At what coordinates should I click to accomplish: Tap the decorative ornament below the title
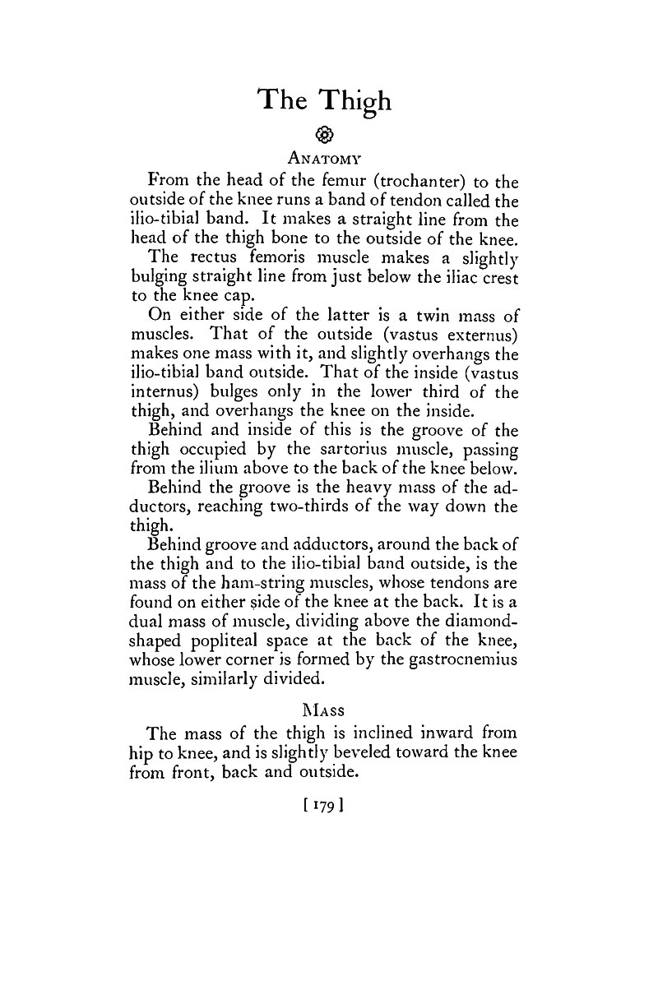(x=323, y=135)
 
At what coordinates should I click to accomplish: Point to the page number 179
(x=323, y=798)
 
